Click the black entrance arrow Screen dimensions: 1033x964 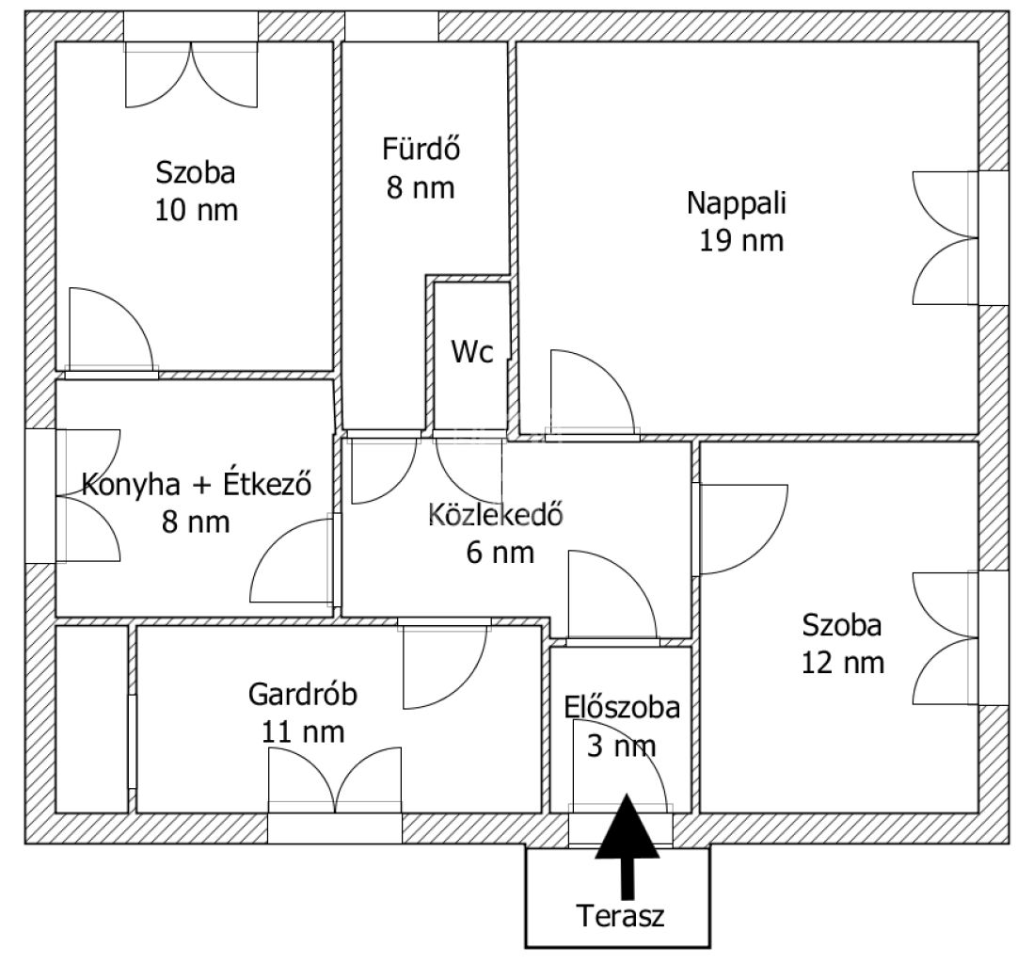628,844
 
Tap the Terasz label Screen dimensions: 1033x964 621,916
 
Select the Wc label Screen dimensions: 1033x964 472,352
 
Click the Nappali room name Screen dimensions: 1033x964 737,202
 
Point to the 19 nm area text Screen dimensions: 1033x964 741,241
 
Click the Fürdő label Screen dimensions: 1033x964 421,149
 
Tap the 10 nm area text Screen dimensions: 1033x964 197,210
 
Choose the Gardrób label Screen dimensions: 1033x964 303,695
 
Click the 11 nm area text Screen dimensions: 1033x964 303,732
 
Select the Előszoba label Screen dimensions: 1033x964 622,708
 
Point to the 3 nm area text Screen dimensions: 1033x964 621,747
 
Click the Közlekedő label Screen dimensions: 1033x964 496,514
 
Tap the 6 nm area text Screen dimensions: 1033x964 500,553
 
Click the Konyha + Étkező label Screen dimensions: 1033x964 197,485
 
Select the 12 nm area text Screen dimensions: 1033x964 843,663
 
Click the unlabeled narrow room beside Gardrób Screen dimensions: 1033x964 91,718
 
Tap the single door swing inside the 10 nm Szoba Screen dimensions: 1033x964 111,329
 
